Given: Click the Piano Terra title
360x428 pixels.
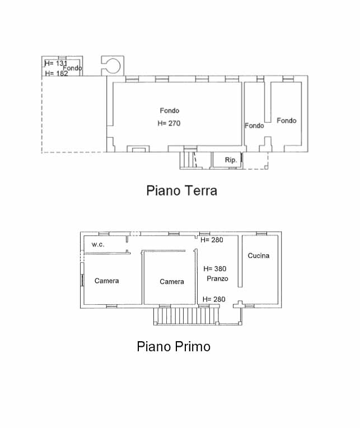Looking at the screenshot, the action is pos(181,190).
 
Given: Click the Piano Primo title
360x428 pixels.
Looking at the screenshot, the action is pos(174,347).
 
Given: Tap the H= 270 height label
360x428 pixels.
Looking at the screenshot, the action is pos(169,123).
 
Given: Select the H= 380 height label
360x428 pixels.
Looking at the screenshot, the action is pos(214,269).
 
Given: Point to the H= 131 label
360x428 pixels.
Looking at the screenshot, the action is pos(55,63).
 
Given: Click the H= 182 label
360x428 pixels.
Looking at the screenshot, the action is pos(56,73).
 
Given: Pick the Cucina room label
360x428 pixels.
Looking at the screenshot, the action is pos(258,256).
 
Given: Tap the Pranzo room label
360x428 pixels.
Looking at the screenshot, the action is pos(217,278).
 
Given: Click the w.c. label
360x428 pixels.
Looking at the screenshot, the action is pos(98,245).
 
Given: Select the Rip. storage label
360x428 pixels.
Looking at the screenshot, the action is pos(231,160).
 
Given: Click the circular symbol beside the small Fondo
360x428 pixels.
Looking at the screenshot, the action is pos(112,66).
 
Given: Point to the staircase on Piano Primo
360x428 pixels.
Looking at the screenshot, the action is pos(186,316).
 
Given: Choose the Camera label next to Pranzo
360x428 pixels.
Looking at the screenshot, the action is pos(172,282).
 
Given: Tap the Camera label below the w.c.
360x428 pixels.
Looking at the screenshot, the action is pos(106,281).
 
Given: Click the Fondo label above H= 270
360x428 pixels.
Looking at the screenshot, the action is pos(170,110).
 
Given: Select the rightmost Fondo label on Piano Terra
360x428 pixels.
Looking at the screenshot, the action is pos(286,120).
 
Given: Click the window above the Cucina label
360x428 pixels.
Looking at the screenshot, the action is pos(261,234).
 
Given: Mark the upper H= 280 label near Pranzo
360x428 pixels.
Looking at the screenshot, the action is pos(212,240).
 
